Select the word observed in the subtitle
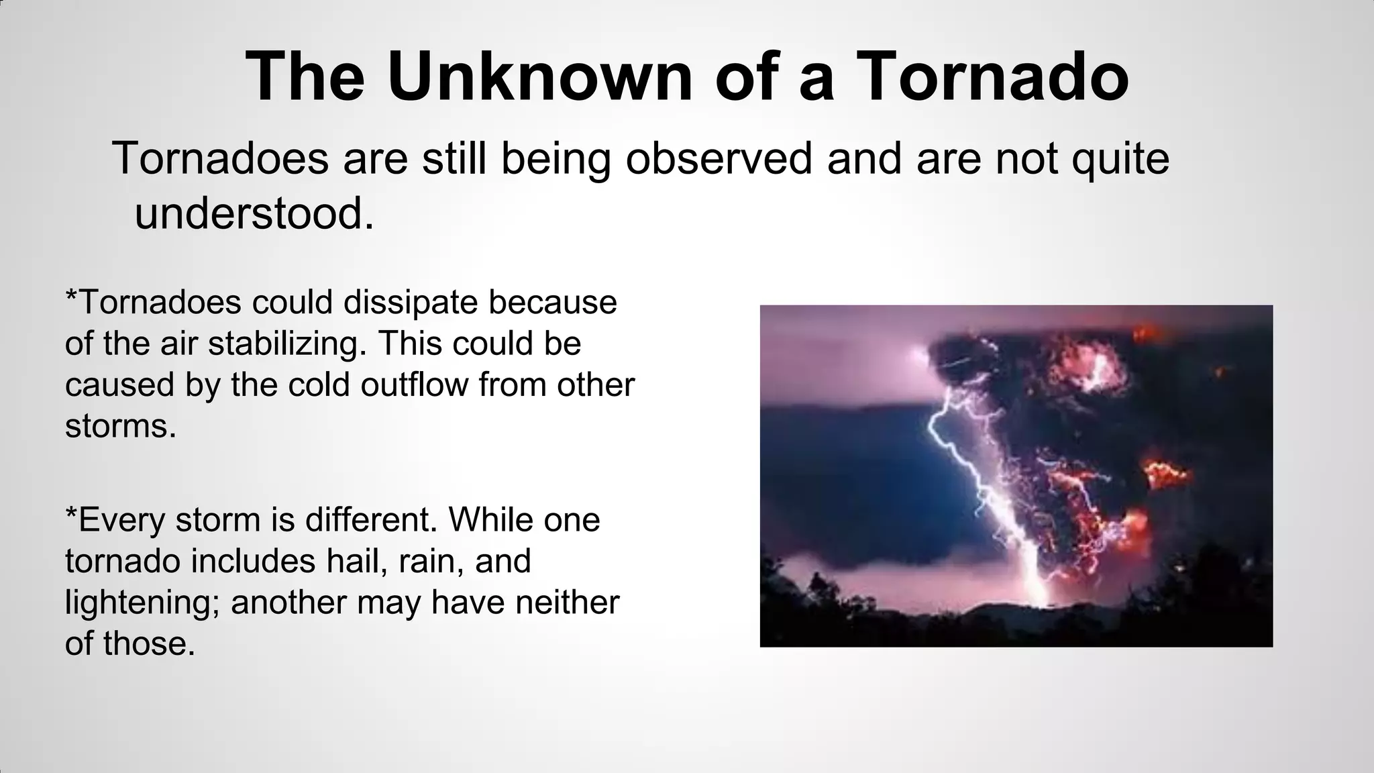click(719, 158)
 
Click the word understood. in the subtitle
click(254, 215)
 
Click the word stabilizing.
click(287, 344)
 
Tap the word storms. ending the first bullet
click(121, 426)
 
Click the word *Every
click(115, 520)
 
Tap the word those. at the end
click(149, 643)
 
